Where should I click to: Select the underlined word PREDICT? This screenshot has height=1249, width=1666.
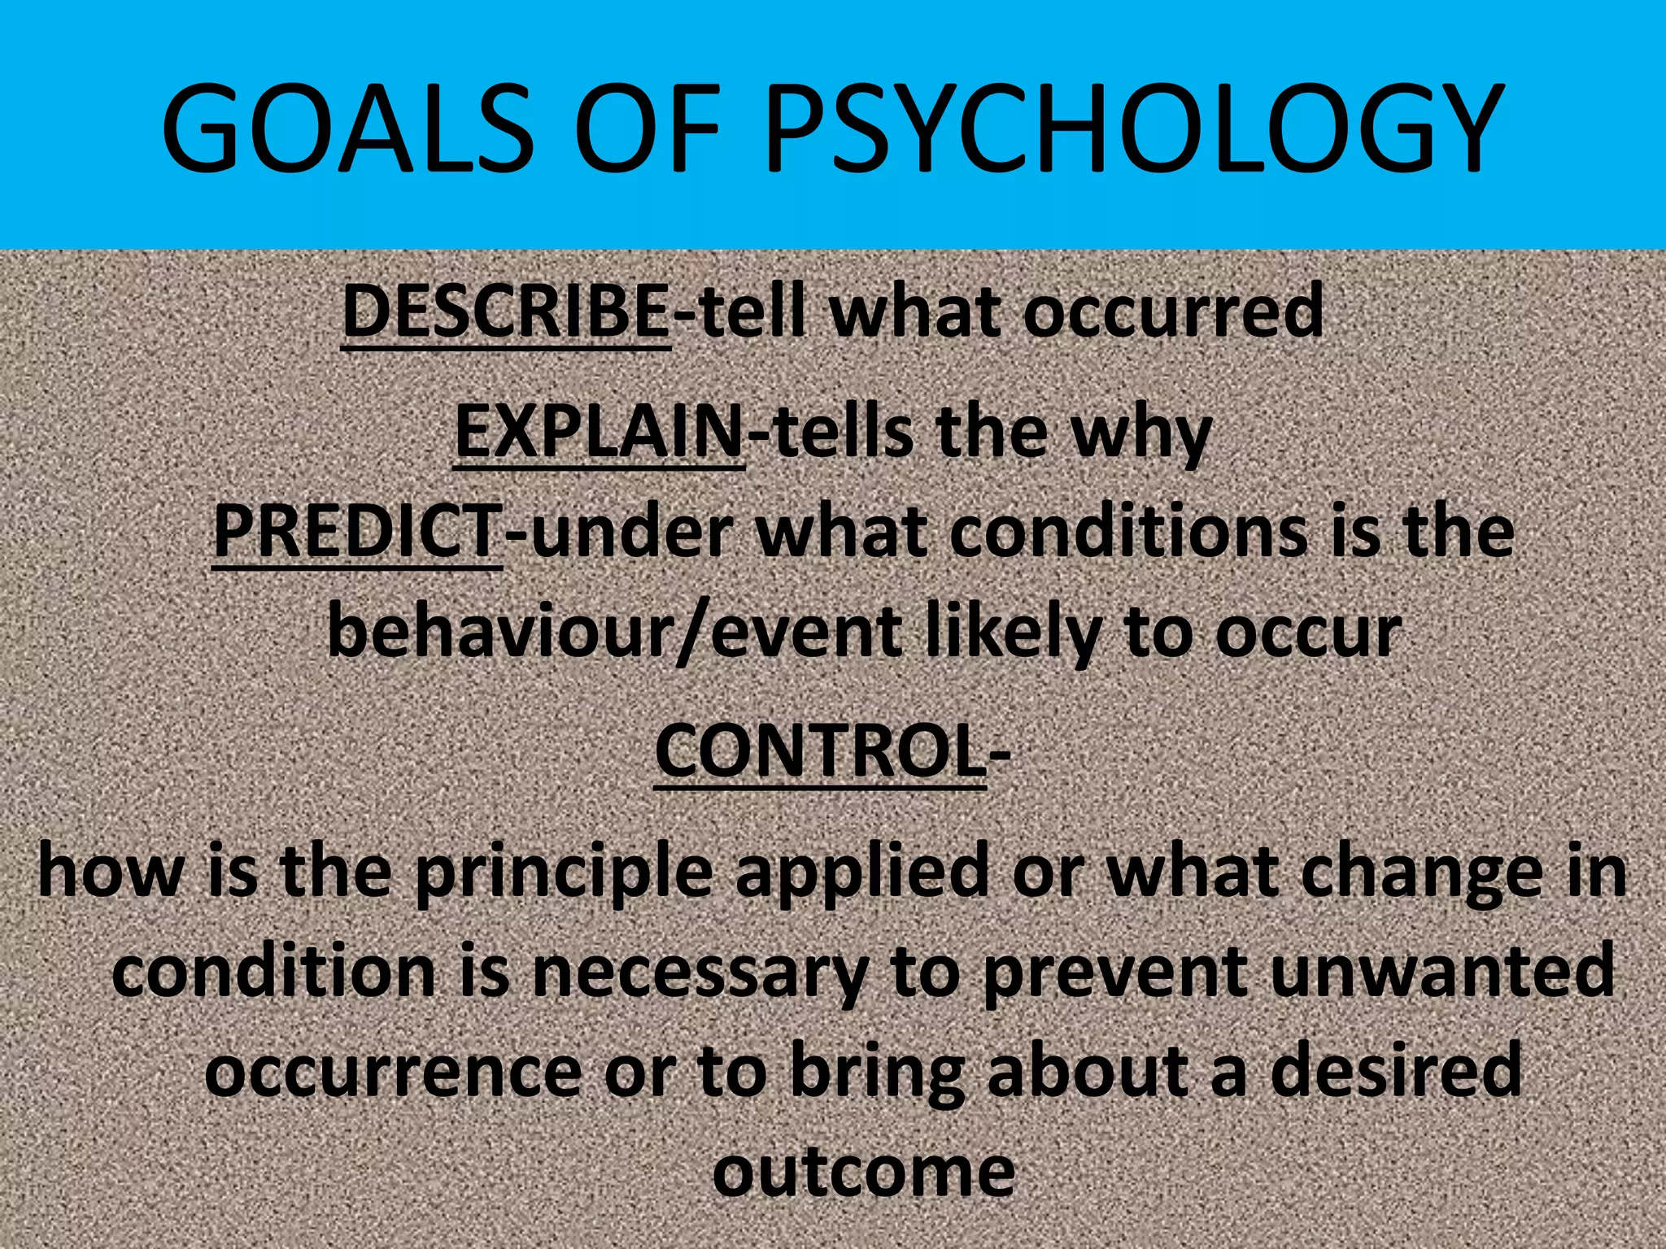[357, 532]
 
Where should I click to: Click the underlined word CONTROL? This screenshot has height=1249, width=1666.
[820, 752]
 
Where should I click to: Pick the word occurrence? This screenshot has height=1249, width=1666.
[393, 1073]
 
